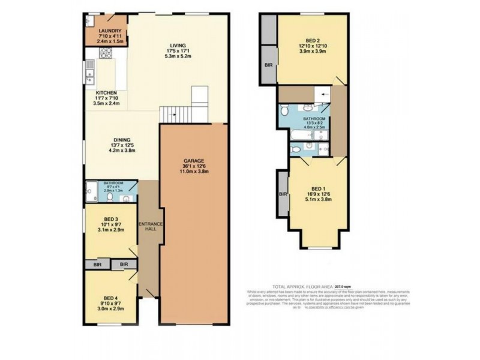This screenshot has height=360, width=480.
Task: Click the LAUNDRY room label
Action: pyautogui.click(x=110, y=31)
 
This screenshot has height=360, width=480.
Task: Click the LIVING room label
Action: pyautogui.click(x=177, y=46)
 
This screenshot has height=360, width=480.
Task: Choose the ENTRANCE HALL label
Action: pyautogui.click(x=151, y=227)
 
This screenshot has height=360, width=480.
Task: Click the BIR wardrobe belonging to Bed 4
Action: pyautogui.click(x=124, y=264)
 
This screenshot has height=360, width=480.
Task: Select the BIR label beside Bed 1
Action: pyautogui.click(x=282, y=194)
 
